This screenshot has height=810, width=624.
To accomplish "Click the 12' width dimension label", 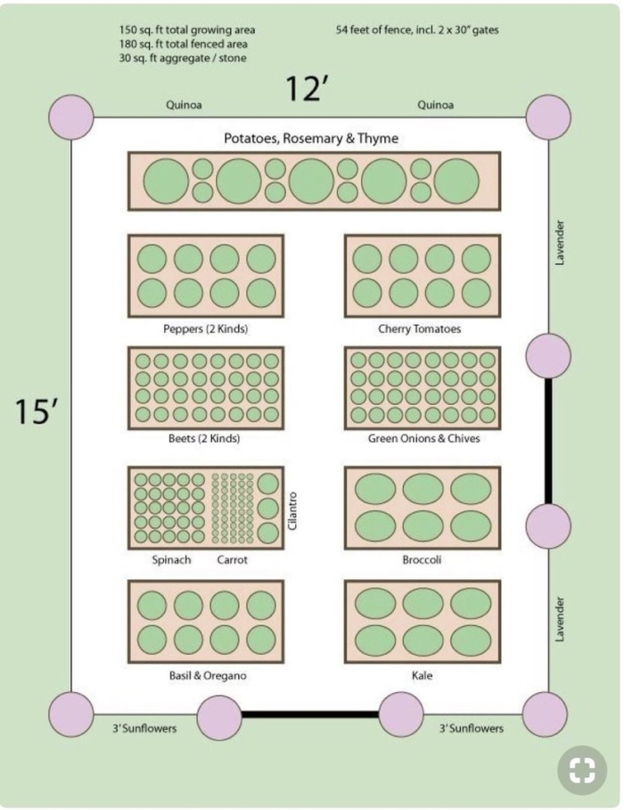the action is pos(307,88).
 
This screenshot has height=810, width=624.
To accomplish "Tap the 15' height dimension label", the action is pos(35,411).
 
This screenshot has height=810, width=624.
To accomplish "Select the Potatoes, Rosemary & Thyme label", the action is pos(311,138).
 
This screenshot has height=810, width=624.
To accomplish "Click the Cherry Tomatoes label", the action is pos(419,329).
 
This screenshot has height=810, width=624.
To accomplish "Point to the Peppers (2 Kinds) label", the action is pos(205,329).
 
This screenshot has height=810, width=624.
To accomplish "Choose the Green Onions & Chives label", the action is pos(423,439).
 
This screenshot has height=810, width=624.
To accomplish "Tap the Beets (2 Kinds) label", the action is pos(204,439).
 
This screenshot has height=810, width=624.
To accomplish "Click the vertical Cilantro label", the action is pos(292,511).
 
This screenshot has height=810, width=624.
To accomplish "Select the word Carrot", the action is pos(233,560).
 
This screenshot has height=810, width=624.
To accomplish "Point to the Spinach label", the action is pos(171,560).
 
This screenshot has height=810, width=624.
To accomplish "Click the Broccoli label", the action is pos(422,560).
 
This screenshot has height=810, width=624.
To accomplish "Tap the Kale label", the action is pos(423,675).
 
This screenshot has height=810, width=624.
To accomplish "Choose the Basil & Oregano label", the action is pos(208,675).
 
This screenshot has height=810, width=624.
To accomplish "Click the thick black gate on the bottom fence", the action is pos(310,715).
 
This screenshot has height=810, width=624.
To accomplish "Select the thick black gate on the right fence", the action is pos(548,442).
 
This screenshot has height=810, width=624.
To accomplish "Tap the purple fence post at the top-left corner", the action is pos(71,117).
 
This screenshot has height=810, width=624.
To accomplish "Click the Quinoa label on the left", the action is pos(184,105).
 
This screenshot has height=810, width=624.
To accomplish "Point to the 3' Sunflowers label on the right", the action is pos(472,729).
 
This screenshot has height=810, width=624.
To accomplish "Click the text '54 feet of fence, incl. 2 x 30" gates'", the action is pos(417,30).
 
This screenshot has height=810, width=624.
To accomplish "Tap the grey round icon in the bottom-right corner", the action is pos(582,770).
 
